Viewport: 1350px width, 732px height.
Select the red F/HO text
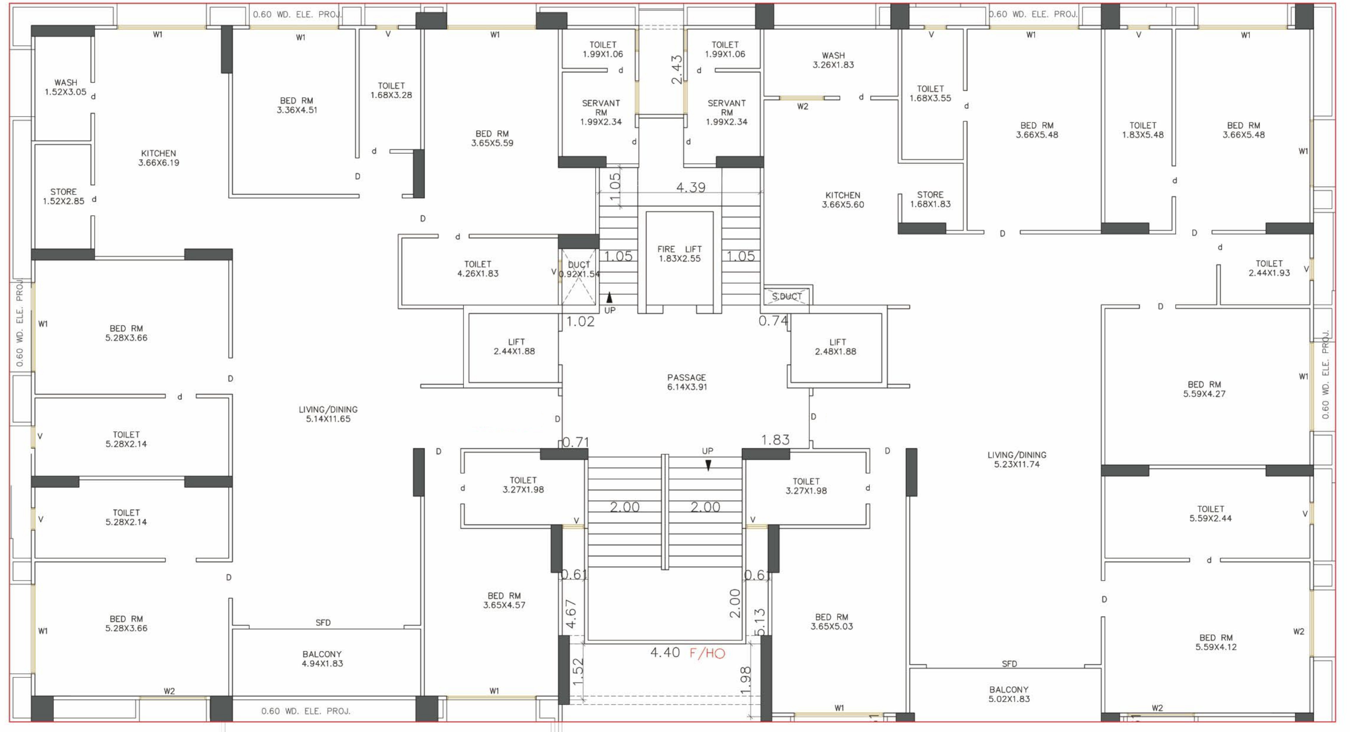[x=707, y=653]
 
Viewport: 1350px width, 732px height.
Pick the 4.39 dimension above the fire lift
[x=691, y=187]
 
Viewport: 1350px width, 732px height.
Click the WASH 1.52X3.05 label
[x=65, y=87]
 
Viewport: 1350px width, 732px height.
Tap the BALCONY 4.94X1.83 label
[x=322, y=659]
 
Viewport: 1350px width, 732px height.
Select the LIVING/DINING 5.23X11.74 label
[x=1017, y=459]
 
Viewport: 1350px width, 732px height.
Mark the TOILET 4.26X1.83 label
[x=478, y=269]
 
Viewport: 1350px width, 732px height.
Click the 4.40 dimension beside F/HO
[x=665, y=652]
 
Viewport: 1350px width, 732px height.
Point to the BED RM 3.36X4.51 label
[x=296, y=105]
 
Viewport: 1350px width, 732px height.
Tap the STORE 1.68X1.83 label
[x=930, y=199]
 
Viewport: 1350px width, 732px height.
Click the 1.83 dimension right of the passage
[x=775, y=439]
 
